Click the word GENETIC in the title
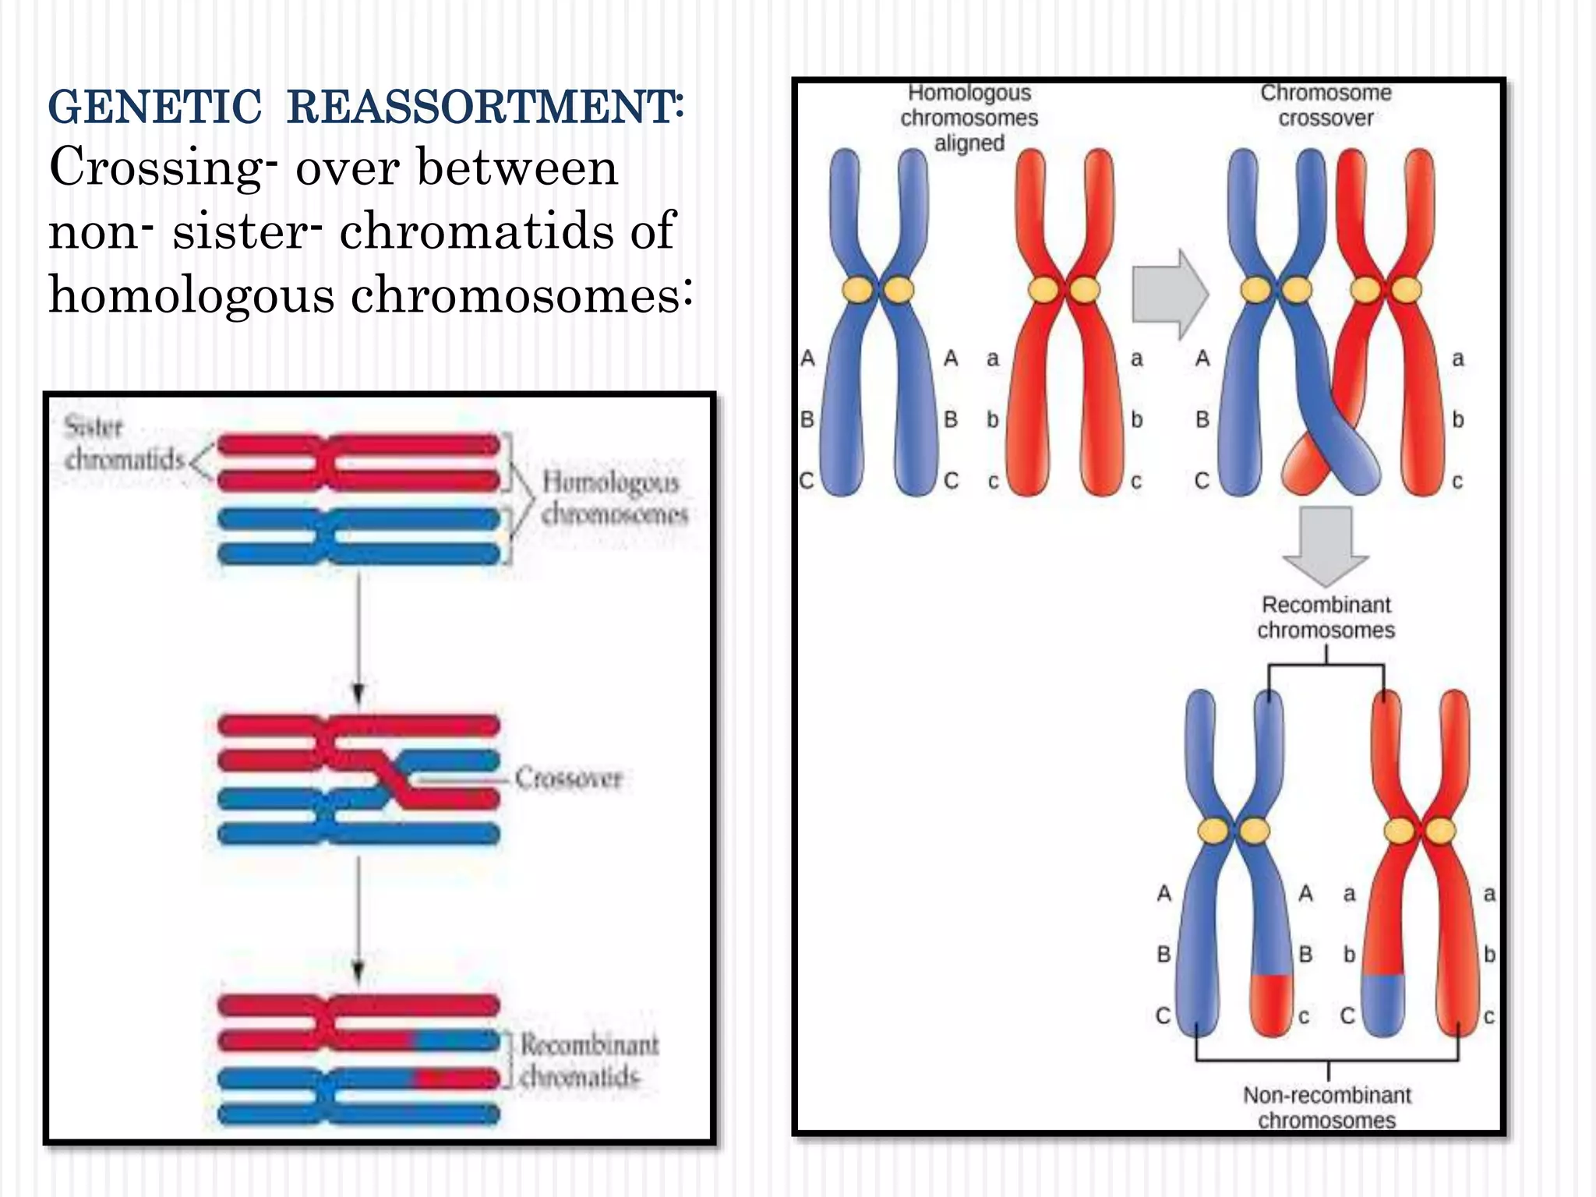[154, 107]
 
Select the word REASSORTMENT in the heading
[483, 107]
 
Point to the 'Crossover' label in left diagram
[569, 778]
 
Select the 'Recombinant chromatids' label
[589, 1060]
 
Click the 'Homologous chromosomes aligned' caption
[969, 118]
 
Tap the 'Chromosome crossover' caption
[1326, 105]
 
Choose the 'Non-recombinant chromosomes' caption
[1326, 1107]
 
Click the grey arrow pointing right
[1169, 295]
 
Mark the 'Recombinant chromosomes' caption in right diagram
[1326, 617]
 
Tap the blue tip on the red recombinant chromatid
[1383, 1005]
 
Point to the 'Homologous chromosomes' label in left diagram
[613, 497]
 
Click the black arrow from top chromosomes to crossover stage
[358, 639]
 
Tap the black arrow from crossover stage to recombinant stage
[358, 920]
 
